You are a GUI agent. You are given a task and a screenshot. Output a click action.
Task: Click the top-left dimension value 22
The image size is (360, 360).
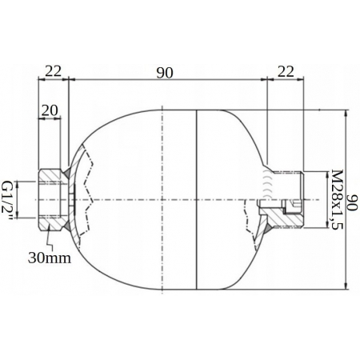click(x=54, y=71)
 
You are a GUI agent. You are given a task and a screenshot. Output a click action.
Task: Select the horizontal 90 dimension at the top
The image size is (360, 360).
click(x=165, y=73)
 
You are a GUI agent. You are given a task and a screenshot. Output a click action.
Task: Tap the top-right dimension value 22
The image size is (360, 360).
click(x=286, y=71)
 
